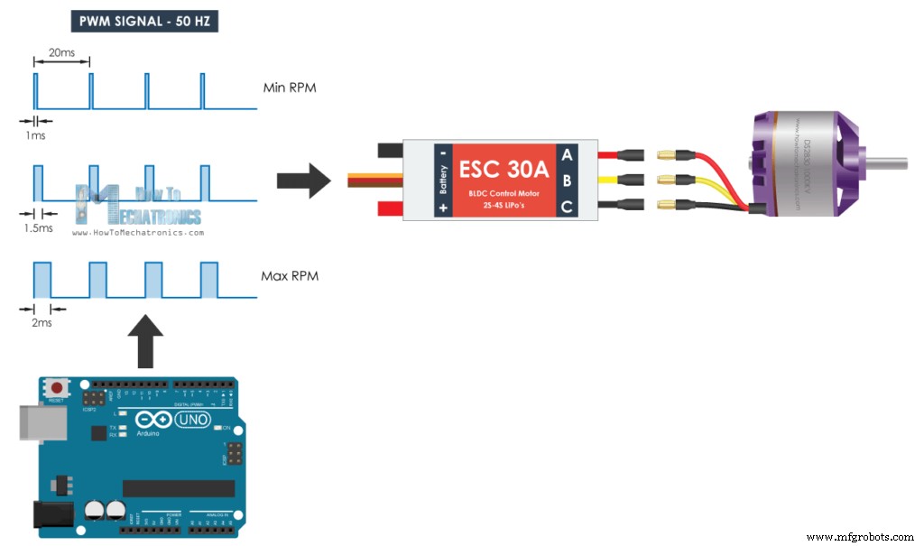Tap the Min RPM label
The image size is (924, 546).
(x=289, y=88)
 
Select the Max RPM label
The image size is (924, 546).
(x=289, y=275)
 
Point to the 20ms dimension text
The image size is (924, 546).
(x=61, y=53)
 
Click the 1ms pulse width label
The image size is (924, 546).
(x=36, y=135)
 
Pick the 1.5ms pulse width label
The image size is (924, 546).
(x=38, y=229)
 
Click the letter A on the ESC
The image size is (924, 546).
(x=567, y=154)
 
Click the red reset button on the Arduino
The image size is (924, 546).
(x=56, y=388)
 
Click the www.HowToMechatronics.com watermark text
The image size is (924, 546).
(x=137, y=232)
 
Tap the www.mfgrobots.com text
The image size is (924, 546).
(x=862, y=537)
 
